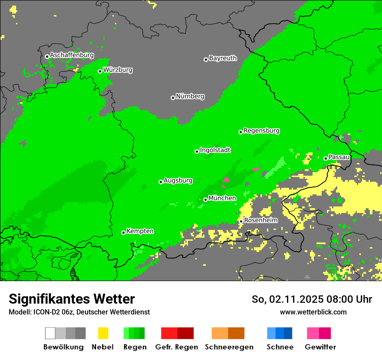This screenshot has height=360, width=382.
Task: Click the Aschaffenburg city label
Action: (x=72, y=56)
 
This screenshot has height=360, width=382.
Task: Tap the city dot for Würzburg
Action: (x=100, y=71)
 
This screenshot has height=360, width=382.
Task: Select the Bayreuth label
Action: (x=223, y=58)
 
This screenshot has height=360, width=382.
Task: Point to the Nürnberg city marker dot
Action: (x=173, y=98)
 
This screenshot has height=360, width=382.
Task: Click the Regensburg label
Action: (x=261, y=131)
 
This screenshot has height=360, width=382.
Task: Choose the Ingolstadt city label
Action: (x=215, y=150)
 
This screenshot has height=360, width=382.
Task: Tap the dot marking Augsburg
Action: (x=161, y=182)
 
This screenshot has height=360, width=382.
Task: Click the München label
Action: (x=222, y=198)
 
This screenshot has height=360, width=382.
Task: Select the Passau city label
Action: (x=339, y=157)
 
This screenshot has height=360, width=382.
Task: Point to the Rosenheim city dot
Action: (x=241, y=221)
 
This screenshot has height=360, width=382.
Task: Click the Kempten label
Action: (x=140, y=231)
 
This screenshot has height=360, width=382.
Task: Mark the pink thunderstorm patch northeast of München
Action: (x=226, y=179)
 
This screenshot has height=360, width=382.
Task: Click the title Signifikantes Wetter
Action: (x=72, y=299)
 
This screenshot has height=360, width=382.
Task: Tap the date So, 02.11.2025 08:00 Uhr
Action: (x=312, y=299)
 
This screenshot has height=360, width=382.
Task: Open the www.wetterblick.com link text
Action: (x=313, y=312)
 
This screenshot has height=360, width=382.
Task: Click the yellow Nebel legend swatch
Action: (x=103, y=333)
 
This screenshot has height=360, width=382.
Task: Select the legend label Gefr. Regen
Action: (x=177, y=347)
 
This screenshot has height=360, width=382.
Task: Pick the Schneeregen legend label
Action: (x=228, y=347)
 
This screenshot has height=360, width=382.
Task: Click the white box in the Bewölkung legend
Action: (x=50, y=333)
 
